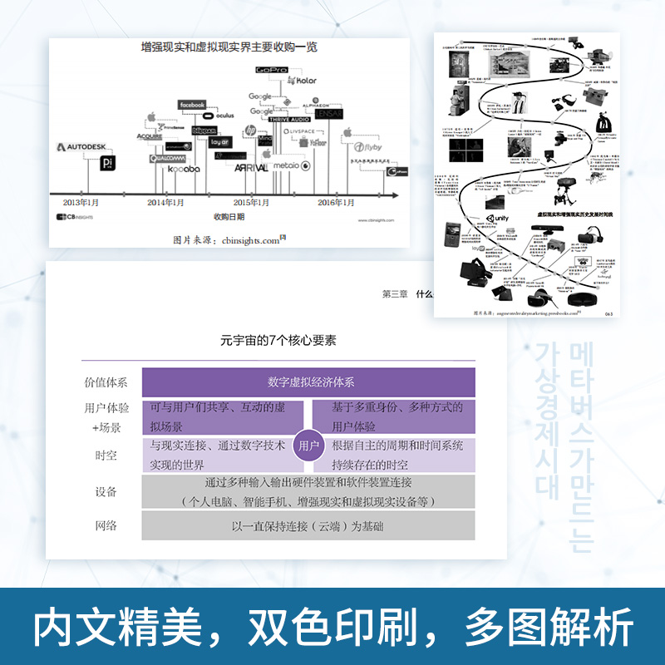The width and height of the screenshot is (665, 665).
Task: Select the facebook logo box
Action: click(191, 105)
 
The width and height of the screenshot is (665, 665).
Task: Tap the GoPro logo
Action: click(271, 71)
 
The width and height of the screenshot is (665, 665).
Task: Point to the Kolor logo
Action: click(301, 81)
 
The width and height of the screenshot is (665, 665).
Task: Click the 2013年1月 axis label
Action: click(81, 202)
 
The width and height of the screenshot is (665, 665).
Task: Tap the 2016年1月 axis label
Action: click(337, 202)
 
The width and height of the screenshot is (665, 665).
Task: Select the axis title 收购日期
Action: click(229, 218)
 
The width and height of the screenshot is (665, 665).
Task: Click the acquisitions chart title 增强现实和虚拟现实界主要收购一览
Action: click(228, 48)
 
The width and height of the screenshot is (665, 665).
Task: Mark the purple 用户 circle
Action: click(308, 446)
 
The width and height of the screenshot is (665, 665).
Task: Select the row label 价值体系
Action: click(106, 383)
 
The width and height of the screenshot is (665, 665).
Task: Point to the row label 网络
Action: click(106, 525)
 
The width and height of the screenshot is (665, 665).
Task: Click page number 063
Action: click(607, 313)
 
